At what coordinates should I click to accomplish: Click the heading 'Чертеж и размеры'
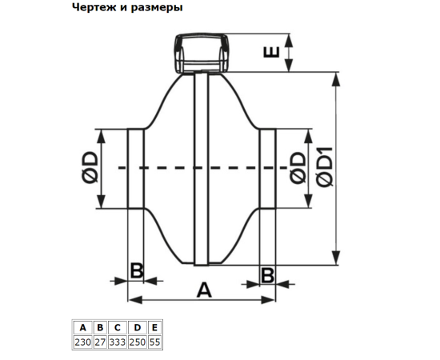tap(127, 7)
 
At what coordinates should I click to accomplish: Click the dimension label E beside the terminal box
tap(272, 52)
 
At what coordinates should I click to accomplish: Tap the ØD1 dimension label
tap(324, 166)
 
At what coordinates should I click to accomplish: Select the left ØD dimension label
tap(90, 168)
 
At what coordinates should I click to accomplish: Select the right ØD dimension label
tap(298, 168)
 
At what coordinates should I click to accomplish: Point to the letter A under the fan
tap(204, 290)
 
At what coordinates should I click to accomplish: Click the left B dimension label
tap(137, 271)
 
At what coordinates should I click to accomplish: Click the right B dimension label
tap(267, 275)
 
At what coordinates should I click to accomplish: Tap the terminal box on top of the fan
tap(201, 54)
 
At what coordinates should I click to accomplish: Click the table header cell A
tap(82, 327)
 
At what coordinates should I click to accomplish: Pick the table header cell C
tap(118, 327)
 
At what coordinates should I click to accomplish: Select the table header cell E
tap(154, 327)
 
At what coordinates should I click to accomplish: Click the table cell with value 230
tap(82, 342)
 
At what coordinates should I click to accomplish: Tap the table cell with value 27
tap(100, 342)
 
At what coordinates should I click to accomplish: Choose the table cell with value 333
tap(118, 342)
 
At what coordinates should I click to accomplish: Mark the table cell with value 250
tap(138, 342)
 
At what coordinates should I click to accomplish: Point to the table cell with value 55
tap(154, 342)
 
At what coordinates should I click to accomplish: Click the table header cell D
tap(138, 327)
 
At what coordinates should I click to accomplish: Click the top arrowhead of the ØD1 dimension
tap(336, 79)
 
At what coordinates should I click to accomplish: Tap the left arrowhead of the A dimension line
tap(135, 300)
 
